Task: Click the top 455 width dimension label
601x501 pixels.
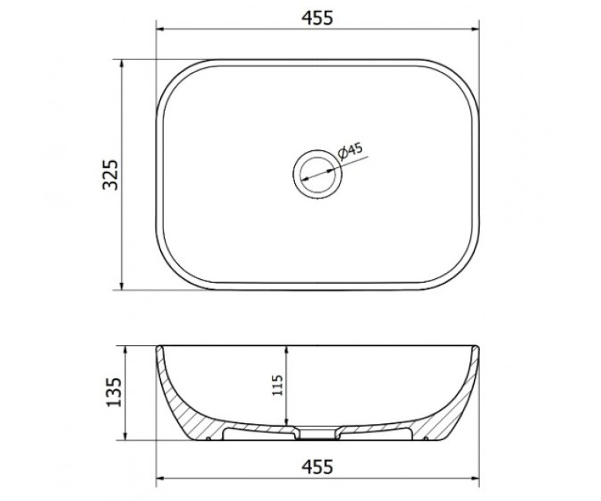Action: (x=317, y=18)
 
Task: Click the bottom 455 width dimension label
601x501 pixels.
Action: (x=317, y=467)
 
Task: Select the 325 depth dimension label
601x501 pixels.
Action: (x=111, y=175)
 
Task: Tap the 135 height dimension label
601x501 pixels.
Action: (x=113, y=392)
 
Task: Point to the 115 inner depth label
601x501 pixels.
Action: (x=277, y=385)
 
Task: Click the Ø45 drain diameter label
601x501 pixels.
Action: (x=350, y=150)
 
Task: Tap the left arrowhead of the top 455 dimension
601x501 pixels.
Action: (x=161, y=29)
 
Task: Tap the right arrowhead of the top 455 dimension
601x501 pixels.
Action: (x=475, y=29)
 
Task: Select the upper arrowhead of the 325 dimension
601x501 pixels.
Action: (x=122, y=65)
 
